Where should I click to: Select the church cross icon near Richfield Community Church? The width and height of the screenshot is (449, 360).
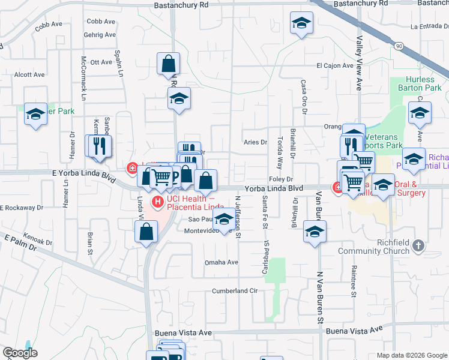click(x=419, y=245)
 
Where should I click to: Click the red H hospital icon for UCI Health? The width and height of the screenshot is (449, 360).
click(x=158, y=202)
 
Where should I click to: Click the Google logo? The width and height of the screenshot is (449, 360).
click(x=20, y=353)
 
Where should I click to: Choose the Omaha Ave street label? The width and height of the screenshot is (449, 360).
click(x=221, y=262)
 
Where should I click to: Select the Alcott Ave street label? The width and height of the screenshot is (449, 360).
click(x=29, y=75)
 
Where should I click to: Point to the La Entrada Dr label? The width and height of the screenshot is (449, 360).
click(x=430, y=26)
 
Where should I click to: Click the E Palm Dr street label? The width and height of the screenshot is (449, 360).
click(x=20, y=243)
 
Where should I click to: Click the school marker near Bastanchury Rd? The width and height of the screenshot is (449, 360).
click(x=301, y=24)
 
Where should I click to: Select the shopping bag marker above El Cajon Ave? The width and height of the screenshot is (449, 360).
click(x=168, y=63)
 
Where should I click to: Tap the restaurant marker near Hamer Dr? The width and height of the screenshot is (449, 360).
click(x=100, y=146)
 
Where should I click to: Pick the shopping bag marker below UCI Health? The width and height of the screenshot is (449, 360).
click(x=146, y=232)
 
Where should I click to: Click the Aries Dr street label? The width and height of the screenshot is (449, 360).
click(x=255, y=142)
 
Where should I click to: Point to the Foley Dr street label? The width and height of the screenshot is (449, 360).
click(x=280, y=179)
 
